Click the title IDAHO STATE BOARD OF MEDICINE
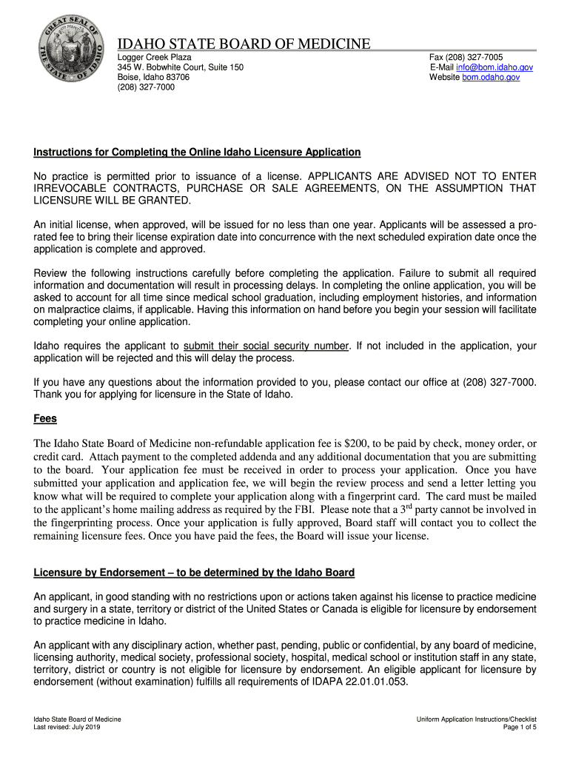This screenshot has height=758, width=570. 244,44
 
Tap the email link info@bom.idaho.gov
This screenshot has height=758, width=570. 494,67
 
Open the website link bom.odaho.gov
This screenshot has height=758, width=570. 491,77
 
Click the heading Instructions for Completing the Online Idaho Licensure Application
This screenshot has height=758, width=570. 197,152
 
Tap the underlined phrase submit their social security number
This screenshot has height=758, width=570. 266,346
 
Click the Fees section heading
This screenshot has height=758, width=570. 45,418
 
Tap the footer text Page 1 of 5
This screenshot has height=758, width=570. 520,728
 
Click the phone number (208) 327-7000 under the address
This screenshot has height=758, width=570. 147,87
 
